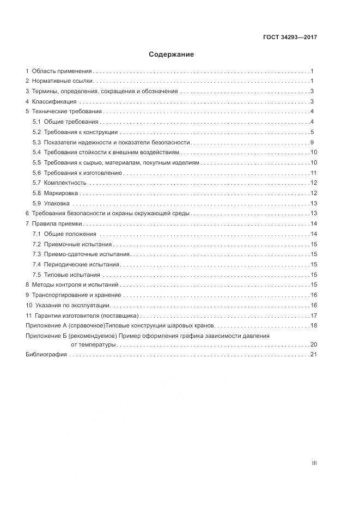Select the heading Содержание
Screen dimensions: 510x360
point(171,55)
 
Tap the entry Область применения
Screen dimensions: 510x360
point(62,71)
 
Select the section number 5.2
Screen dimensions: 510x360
point(36,132)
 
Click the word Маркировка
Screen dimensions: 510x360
point(61,193)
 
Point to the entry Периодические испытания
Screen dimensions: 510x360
point(81,264)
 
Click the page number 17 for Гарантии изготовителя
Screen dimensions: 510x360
point(313,315)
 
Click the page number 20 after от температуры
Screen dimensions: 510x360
point(313,345)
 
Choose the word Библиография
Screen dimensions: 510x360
point(46,355)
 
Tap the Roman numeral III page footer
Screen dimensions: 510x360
point(314,464)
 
